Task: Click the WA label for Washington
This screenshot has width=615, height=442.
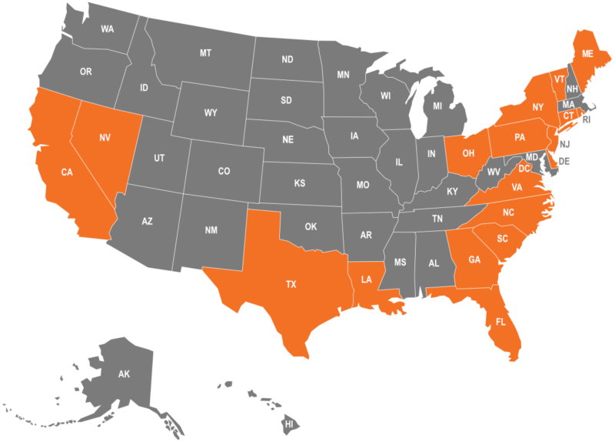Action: tap(107, 29)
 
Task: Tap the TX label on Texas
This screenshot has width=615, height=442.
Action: tap(291, 285)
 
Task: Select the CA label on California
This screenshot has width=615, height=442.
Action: tap(67, 172)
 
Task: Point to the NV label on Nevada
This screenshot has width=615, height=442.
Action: tap(105, 138)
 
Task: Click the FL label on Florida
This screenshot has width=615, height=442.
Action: tap(500, 321)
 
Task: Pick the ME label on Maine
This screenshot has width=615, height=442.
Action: tap(587, 54)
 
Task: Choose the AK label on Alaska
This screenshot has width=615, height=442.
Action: tap(124, 374)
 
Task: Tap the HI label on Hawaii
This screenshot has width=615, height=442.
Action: tap(290, 424)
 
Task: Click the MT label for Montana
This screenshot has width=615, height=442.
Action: tap(205, 53)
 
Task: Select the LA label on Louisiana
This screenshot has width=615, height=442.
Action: tap(367, 280)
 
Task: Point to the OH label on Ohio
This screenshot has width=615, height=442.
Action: tap(468, 153)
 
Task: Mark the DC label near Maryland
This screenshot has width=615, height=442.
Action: tap(524, 169)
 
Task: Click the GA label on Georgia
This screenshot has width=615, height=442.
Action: tap(474, 260)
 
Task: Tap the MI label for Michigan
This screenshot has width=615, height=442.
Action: tap(437, 106)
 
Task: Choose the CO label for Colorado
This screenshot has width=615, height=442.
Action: tap(224, 171)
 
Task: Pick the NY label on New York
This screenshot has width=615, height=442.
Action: tap(538, 107)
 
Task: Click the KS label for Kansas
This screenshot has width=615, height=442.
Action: tap(300, 183)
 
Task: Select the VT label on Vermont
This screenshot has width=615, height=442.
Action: tap(559, 79)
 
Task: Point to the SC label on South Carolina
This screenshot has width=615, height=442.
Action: tap(502, 239)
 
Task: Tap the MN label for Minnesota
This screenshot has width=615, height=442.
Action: tap(343, 75)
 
